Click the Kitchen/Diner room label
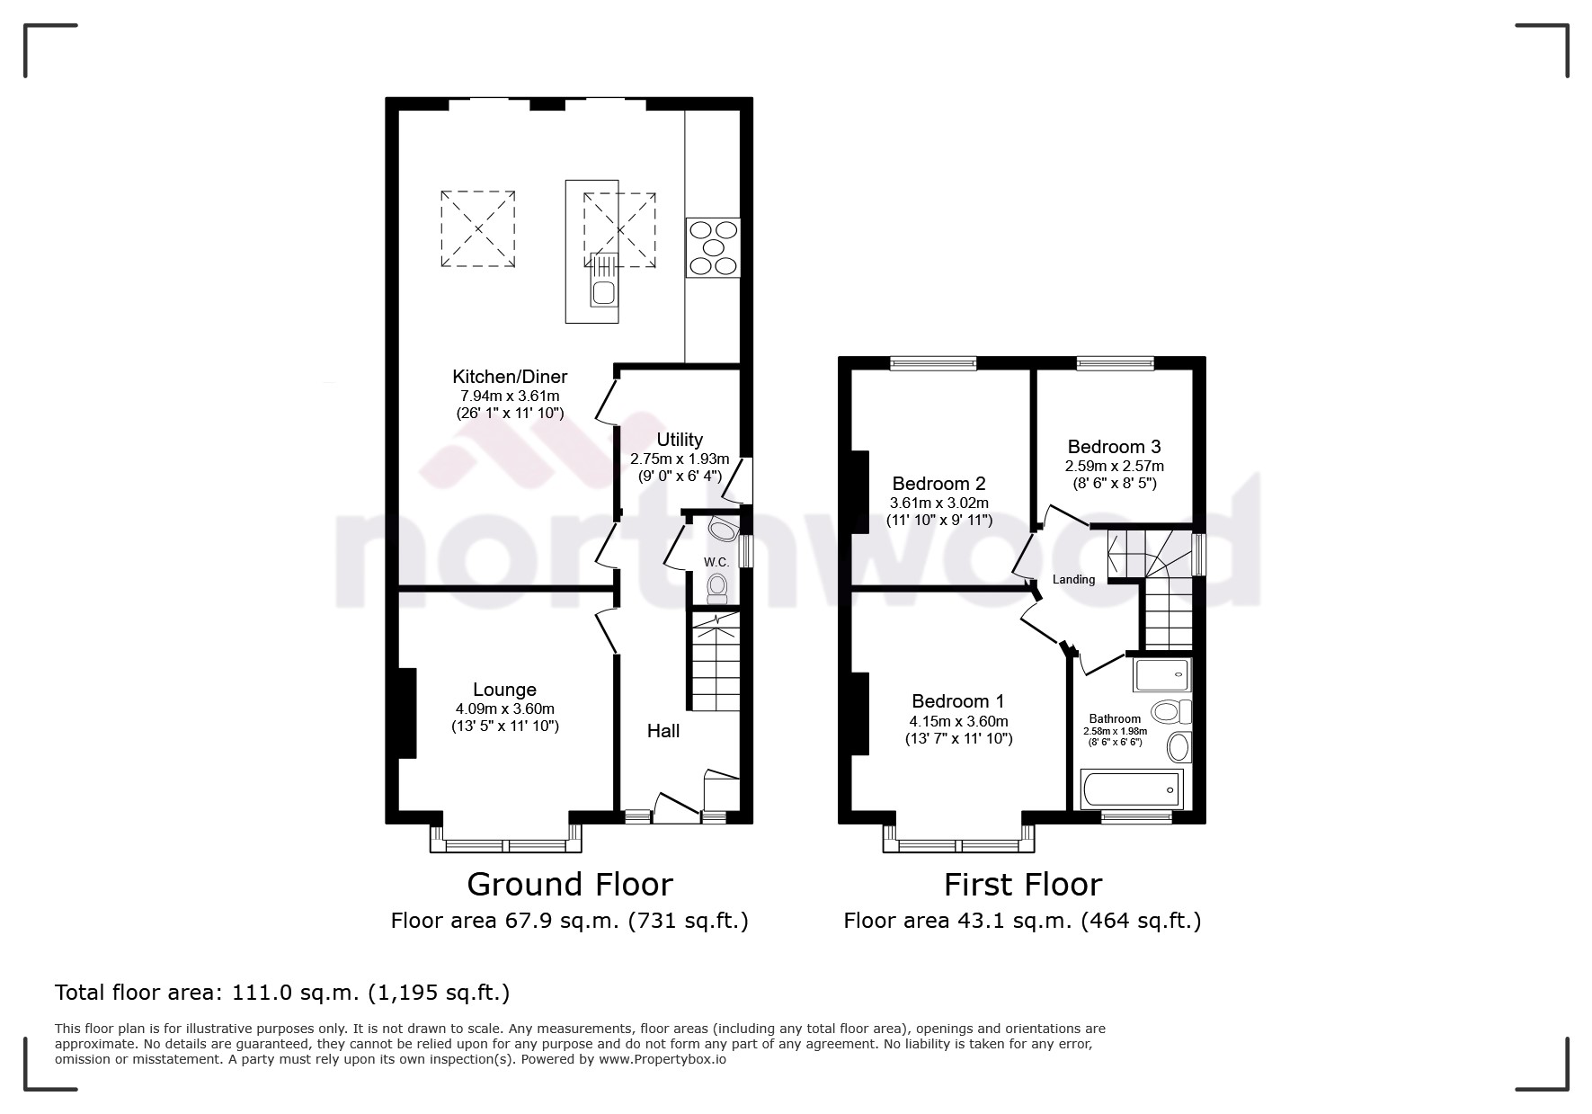click(509, 377)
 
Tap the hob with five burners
click(713, 247)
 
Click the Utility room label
click(679, 440)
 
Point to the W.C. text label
click(716, 562)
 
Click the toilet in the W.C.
click(716, 588)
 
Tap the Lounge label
click(504, 690)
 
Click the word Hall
click(663, 731)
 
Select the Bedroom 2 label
click(939, 484)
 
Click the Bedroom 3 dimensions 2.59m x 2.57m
click(1114, 466)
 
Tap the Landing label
click(1073, 580)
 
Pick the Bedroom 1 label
click(958, 701)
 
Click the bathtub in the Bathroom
click(1132, 789)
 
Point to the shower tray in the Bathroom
click(1161, 675)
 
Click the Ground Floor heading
click(569, 885)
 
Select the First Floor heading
click(1022, 885)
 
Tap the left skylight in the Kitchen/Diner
click(477, 228)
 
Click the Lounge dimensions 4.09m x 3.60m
click(504, 709)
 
